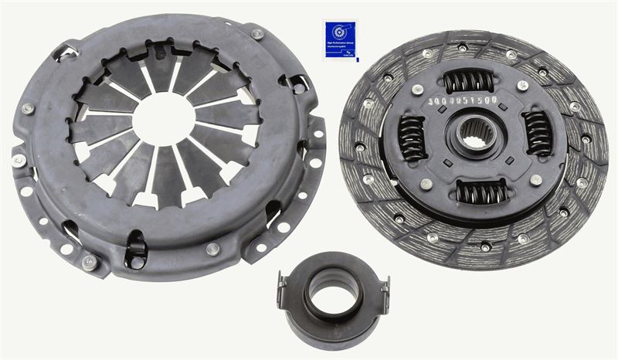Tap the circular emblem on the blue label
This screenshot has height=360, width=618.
point(337,32)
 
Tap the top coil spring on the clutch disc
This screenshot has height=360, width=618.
point(469,80)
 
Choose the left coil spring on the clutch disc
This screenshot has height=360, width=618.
point(412,138)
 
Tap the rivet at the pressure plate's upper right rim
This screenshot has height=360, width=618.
point(257,35)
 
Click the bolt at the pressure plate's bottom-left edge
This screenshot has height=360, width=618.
point(90,261)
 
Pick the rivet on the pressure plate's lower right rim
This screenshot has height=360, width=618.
point(213,249)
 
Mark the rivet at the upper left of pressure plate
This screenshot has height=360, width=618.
point(28,108)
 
